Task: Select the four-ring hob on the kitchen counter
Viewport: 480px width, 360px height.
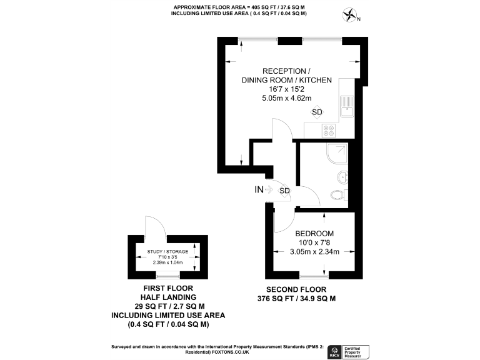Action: pyautogui.click(x=328, y=131)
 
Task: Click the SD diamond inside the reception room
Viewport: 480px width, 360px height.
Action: pyautogui.click(x=317, y=112)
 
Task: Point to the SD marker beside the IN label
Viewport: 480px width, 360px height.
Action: pyautogui.click(x=284, y=190)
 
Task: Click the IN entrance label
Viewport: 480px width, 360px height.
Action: pyautogui.click(x=259, y=189)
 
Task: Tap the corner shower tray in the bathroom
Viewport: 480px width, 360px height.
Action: pyautogui.click(x=338, y=152)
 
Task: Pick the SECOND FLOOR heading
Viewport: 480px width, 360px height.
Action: pyautogui.click(x=296, y=289)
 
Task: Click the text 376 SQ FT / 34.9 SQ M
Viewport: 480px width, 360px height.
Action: pyautogui.click(x=296, y=299)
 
